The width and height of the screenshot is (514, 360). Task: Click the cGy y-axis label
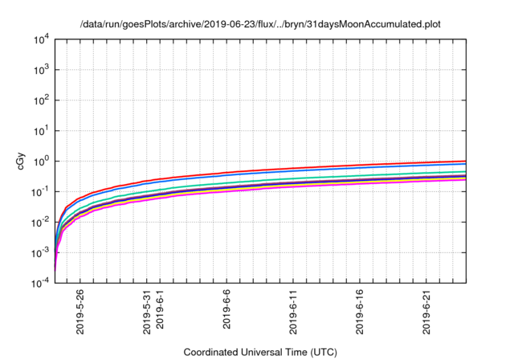22,161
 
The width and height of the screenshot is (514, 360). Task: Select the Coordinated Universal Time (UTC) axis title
261,352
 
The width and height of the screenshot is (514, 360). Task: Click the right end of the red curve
465,161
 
